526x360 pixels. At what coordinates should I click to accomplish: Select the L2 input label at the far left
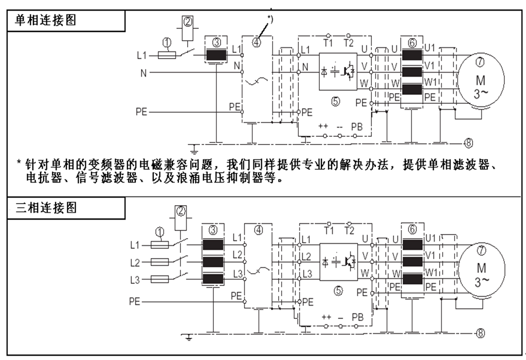pos(135,262)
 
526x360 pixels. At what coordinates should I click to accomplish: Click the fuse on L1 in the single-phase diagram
pos(168,55)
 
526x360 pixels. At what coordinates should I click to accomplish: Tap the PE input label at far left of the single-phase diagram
pos(143,111)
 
